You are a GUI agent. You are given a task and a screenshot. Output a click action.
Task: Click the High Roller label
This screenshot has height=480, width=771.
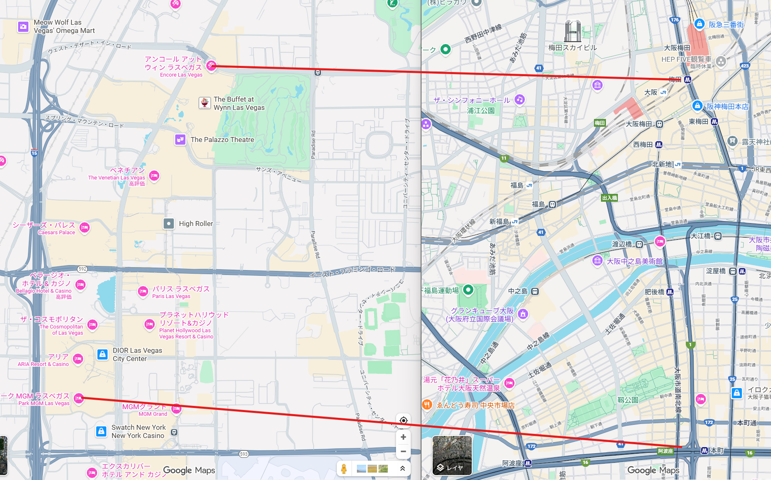tap(196, 224)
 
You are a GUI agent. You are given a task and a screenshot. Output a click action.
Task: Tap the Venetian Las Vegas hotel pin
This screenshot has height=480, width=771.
tap(154, 176)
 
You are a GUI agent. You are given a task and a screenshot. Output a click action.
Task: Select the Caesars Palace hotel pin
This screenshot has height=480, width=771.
tap(84, 227)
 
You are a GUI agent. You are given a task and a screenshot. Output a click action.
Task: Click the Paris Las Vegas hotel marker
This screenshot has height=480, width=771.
tap(143, 291)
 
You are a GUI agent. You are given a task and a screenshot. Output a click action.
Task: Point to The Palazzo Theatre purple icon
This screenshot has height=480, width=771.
tap(180, 140)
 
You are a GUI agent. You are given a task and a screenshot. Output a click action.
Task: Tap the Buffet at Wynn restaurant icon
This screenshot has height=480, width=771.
tap(205, 103)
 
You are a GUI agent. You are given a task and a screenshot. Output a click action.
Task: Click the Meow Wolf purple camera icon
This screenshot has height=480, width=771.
tap(23, 27)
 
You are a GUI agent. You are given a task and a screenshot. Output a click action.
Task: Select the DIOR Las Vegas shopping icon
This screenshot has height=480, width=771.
tap(102, 354)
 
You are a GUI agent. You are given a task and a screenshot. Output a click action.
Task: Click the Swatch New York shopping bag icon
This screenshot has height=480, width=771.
tap(101, 431)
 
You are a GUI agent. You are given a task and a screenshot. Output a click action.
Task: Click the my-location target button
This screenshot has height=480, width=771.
tap(403, 420)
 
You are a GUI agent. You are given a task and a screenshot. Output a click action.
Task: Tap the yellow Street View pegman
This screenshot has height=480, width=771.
tap(344, 468)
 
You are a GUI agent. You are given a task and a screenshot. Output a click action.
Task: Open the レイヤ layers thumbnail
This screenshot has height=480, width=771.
tap(452, 455)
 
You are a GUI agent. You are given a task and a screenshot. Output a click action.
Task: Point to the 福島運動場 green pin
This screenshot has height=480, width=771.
tap(468, 290)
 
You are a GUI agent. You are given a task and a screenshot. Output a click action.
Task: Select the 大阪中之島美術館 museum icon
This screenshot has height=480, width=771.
tap(597, 261)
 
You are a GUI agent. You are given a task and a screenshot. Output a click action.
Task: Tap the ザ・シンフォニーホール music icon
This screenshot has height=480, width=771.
tap(519, 99)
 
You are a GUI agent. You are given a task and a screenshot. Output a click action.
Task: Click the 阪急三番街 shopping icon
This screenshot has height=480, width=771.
tap(699, 24)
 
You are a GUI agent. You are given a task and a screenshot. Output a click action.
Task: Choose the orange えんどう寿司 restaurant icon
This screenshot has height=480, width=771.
tap(427, 404)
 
